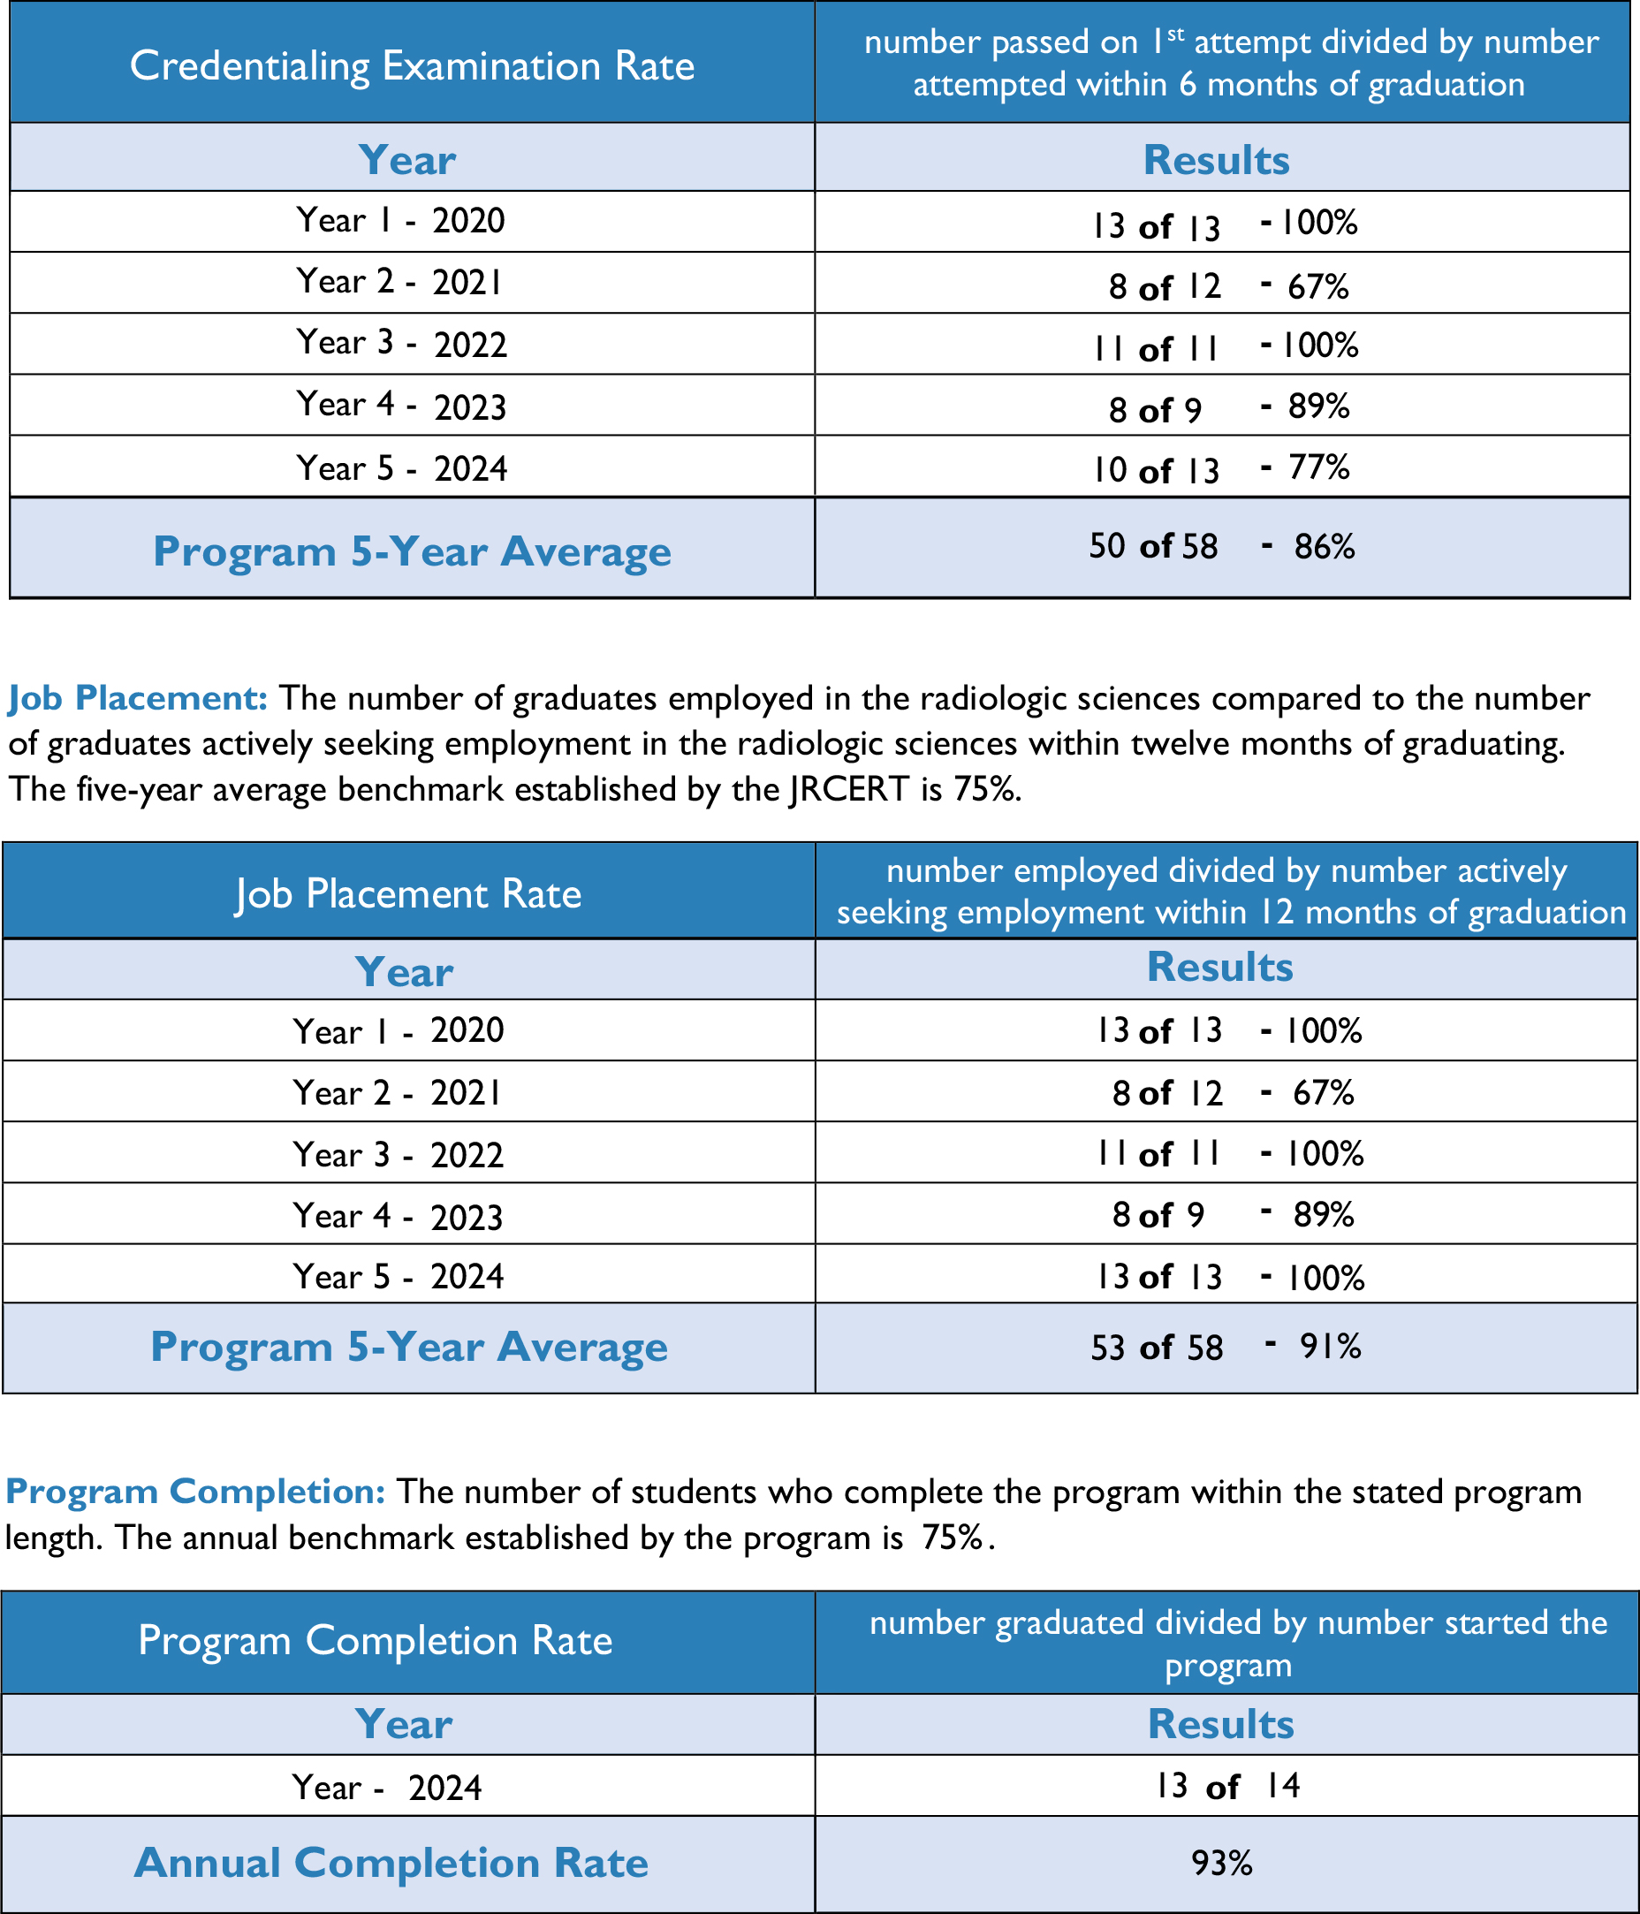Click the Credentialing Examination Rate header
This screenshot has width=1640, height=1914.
pos(412,65)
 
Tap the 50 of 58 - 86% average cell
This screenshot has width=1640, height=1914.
pos(1220,547)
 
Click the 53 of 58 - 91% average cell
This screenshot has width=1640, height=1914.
pos(1226,1348)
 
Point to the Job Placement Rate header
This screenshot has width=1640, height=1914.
pos(408,893)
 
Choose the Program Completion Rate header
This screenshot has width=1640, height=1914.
pos(376,1640)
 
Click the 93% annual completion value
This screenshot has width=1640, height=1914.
pos(1221,1864)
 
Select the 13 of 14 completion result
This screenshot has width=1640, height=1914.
pos(1226,1786)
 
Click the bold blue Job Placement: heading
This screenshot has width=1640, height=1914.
pos(138,698)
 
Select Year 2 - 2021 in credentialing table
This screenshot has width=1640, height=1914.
pos(400,282)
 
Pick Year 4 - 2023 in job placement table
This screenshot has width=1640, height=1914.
pos(399,1216)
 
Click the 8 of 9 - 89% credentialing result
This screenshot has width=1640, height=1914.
pos(1228,407)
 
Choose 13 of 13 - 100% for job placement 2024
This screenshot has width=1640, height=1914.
pos(1229,1277)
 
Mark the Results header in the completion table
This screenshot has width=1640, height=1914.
pos(1220,1724)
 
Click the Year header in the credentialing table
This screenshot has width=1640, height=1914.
pos(406,160)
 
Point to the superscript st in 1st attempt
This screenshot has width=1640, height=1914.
pos(1174,35)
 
